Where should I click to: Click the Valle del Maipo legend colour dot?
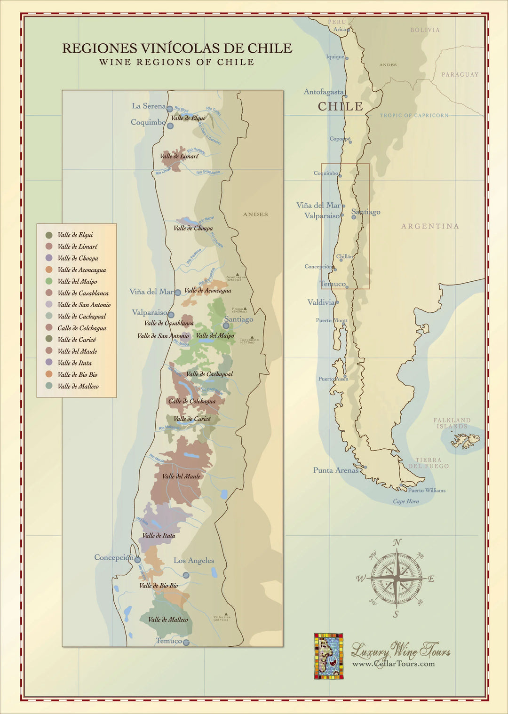coord(49,281)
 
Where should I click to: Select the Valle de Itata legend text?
coord(74,363)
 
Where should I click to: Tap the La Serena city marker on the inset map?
coord(170,109)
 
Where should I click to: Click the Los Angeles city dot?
coord(186,575)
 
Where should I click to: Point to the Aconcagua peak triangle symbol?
coord(238,274)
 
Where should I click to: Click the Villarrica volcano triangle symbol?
coord(226,614)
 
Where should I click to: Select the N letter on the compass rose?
coord(397,543)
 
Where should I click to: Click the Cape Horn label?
coord(406,501)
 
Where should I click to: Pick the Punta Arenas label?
coord(336,470)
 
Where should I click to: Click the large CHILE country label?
coord(341,107)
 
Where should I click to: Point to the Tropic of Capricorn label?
coord(414,115)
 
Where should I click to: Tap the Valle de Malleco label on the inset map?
coord(168,619)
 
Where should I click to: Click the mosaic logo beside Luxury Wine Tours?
coord(328,656)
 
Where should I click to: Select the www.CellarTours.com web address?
coord(393,664)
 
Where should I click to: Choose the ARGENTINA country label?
coord(429,226)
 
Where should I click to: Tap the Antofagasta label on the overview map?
coord(324,92)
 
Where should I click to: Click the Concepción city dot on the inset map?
coord(137,560)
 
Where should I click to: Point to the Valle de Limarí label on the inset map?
coord(179,156)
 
